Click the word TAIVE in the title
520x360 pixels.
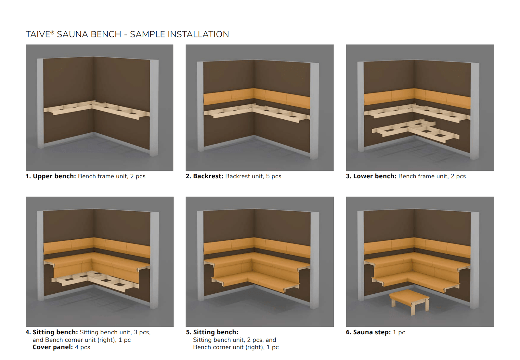coord(38,34)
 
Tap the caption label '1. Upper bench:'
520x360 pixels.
coord(51,176)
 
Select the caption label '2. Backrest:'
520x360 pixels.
coord(204,176)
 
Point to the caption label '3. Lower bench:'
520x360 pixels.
coord(371,176)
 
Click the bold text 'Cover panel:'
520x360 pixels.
coord(53,347)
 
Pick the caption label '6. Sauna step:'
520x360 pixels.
coord(368,332)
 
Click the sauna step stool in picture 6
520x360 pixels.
coord(409,301)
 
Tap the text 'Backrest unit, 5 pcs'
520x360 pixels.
coord(253,176)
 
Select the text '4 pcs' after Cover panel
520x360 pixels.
coord(83,347)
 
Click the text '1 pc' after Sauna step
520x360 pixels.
coord(399,332)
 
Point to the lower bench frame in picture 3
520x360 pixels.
coord(416,131)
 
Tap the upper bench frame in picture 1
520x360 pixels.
coord(97,110)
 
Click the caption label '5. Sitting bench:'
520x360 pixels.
coord(212,332)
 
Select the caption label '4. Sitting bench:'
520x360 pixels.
coord(52,332)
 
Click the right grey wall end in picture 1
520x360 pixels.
coord(154,108)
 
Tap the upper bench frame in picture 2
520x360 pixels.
coord(257,113)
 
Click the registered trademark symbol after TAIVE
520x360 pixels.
coord(52,33)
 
